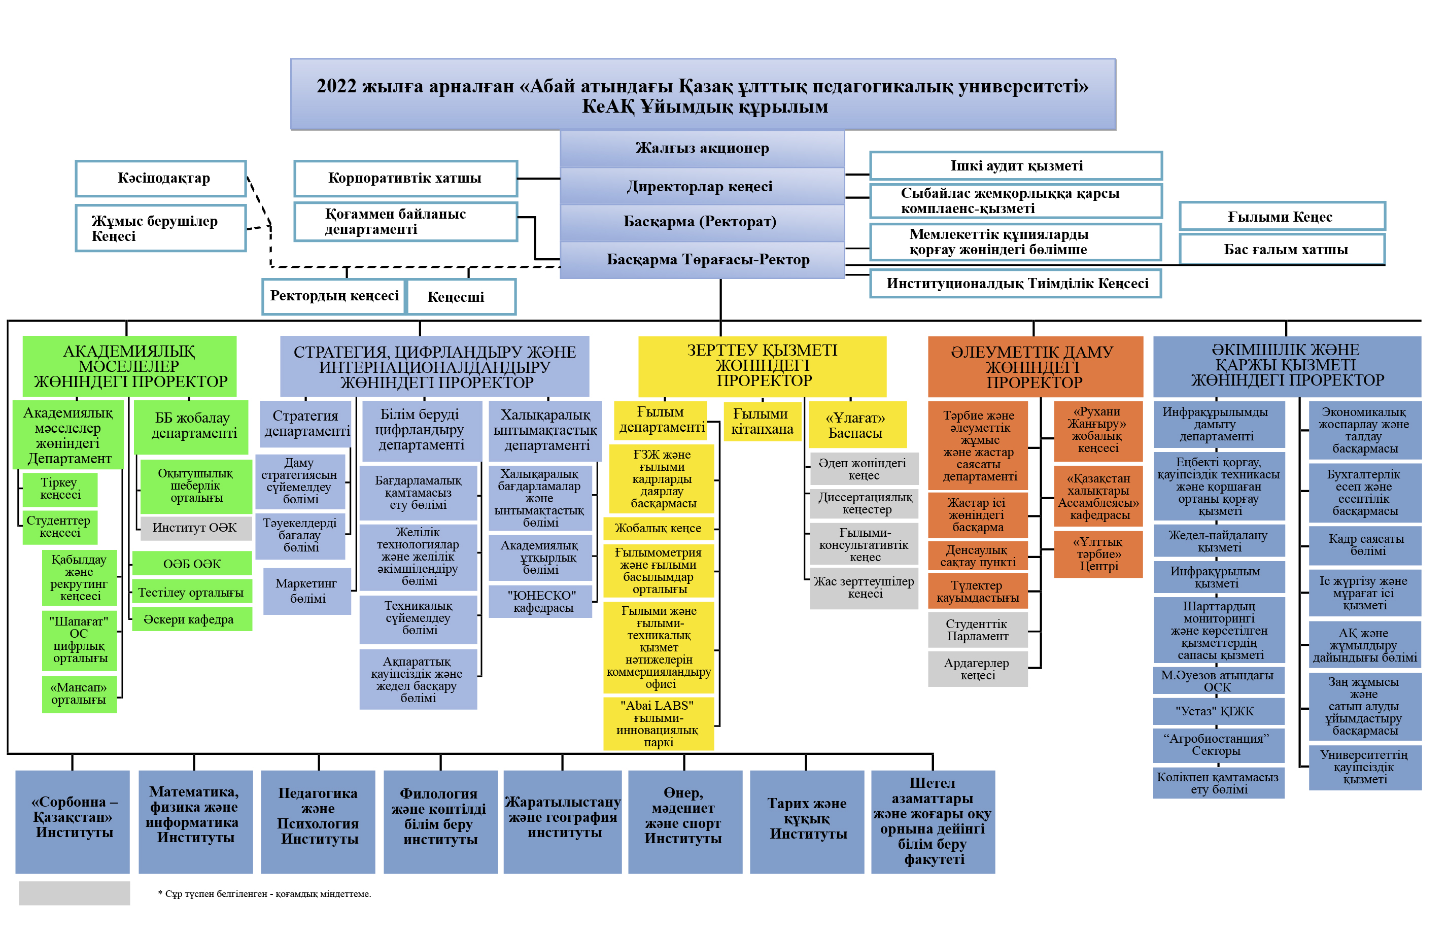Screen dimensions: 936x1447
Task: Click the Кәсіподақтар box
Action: [160, 178]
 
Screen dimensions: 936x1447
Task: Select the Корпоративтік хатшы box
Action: [405, 178]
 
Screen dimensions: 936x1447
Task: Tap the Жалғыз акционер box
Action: [701, 148]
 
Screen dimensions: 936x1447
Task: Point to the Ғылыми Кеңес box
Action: [1281, 217]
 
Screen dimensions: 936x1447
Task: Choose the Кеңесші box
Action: [461, 297]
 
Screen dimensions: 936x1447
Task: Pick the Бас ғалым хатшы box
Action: [1281, 249]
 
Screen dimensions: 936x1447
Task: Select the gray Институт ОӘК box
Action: [194, 528]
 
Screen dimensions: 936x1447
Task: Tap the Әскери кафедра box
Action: [191, 619]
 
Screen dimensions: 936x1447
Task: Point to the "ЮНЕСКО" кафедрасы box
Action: [540, 601]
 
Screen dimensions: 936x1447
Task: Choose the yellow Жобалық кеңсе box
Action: [658, 528]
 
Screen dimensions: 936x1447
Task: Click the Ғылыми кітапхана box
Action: [762, 421]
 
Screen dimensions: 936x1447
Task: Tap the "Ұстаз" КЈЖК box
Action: [1218, 711]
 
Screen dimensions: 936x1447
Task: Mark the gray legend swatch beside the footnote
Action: [74, 893]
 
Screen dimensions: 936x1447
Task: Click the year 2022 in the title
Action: [336, 86]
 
